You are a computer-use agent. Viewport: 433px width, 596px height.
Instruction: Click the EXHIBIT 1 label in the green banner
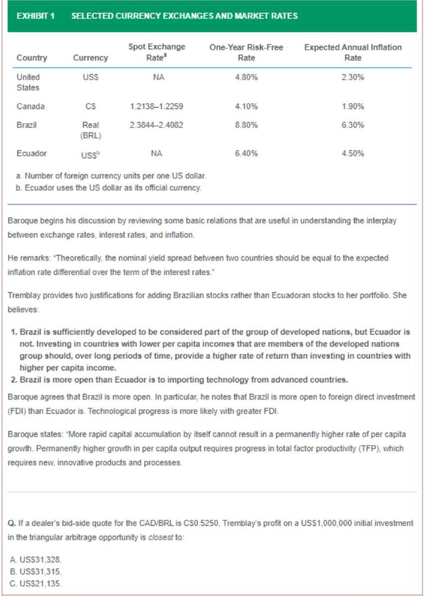(x=35, y=16)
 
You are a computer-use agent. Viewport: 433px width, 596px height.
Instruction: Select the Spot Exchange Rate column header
(x=156, y=52)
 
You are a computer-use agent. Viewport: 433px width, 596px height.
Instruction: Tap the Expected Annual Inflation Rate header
(x=353, y=52)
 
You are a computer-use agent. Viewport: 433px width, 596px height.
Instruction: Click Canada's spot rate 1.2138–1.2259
(x=156, y=106)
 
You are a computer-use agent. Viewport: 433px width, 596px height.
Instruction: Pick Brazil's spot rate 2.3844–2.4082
(x=156, y=125)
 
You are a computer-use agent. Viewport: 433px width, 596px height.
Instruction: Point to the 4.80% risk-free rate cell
(x=246, y=77)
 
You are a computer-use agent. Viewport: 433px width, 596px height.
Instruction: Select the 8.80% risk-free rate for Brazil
(x=246, y=125)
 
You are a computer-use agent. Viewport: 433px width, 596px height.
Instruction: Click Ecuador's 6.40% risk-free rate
(x=246, y=154)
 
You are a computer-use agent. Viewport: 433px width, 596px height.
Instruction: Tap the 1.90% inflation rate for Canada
(x=353, y=106)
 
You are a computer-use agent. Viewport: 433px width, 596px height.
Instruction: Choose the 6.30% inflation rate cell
(x=353, y=125)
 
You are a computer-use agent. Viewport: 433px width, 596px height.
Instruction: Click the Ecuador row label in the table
(x=31, y=154)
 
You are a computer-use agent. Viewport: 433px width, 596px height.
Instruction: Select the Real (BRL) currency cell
(x=90, y=130)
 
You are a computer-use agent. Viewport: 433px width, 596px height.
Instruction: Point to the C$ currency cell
(x=90, y=106)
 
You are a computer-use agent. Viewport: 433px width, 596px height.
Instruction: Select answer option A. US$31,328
(x=36, y=560)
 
